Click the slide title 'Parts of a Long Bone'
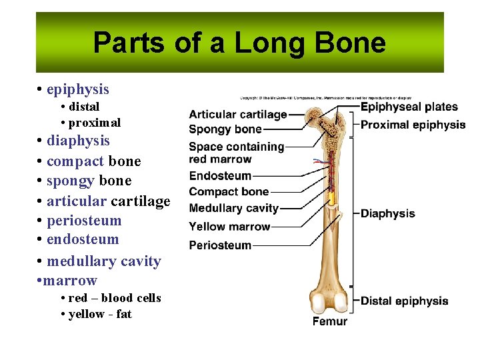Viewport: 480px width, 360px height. (239, 43)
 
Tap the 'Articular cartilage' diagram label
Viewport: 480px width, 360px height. (238, 115)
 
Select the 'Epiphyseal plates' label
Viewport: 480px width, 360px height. (409, 107)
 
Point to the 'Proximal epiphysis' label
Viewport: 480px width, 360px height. (413, 125)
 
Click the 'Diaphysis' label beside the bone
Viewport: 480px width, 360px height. (387, 213)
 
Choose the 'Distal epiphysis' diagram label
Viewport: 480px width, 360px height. (404, 301)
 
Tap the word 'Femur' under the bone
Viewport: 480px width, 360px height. (330, 321)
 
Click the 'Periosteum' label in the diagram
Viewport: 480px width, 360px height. (220, 245)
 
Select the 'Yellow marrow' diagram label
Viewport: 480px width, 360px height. (229, 227)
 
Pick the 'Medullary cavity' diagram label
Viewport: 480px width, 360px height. (233, 209)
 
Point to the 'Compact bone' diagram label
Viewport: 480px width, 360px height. (229, 192)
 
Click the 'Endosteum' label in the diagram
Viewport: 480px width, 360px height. (220, 176)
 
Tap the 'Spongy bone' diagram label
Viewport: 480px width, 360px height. (225, 129)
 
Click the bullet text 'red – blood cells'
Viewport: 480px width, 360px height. (115, 298)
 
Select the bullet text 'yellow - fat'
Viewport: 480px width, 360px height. (100, 314)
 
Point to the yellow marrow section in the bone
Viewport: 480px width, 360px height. (331, 198)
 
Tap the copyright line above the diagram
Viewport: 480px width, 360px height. (322, 97)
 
